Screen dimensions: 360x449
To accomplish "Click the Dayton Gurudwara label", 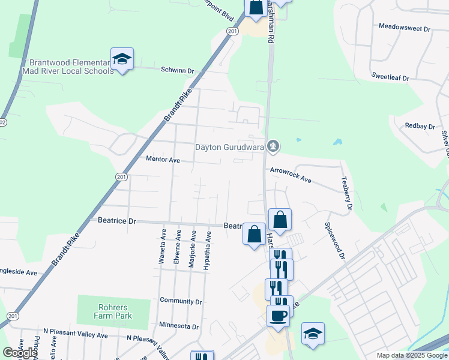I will pyautogui.click(x=230, y=147).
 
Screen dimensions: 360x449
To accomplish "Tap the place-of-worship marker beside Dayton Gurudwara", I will pyautogui.click(x=273, y=146).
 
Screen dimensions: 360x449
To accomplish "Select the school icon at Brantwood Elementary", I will pyautogui.click(x=122, y=59).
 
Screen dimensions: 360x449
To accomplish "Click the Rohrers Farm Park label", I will pyautogui.click(x=113, y=311).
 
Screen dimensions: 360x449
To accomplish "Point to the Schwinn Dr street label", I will pyautogui.click(x=177, y=70).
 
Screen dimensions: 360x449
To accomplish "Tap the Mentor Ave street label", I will pyautogui.click(x=163, y=160).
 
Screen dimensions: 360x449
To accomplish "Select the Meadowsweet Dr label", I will pyautogui.click(x=405, y=28).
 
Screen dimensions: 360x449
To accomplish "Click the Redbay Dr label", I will pyautogui.click(x=420, y=126).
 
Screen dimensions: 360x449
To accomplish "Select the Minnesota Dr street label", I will pyautogui.click(x=179, y=326).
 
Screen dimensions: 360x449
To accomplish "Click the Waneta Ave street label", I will pyautogui.click(x=162, y=245).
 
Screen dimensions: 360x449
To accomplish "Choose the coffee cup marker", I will pyautogui.click(x=278, y=315).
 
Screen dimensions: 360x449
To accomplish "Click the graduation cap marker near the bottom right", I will pyautogui.click(x=313, y=333).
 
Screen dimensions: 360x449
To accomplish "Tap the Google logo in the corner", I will pyautogui.click(x=20, y=353).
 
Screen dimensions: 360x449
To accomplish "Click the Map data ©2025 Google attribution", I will pyautogui.click(x=411, y=355).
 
